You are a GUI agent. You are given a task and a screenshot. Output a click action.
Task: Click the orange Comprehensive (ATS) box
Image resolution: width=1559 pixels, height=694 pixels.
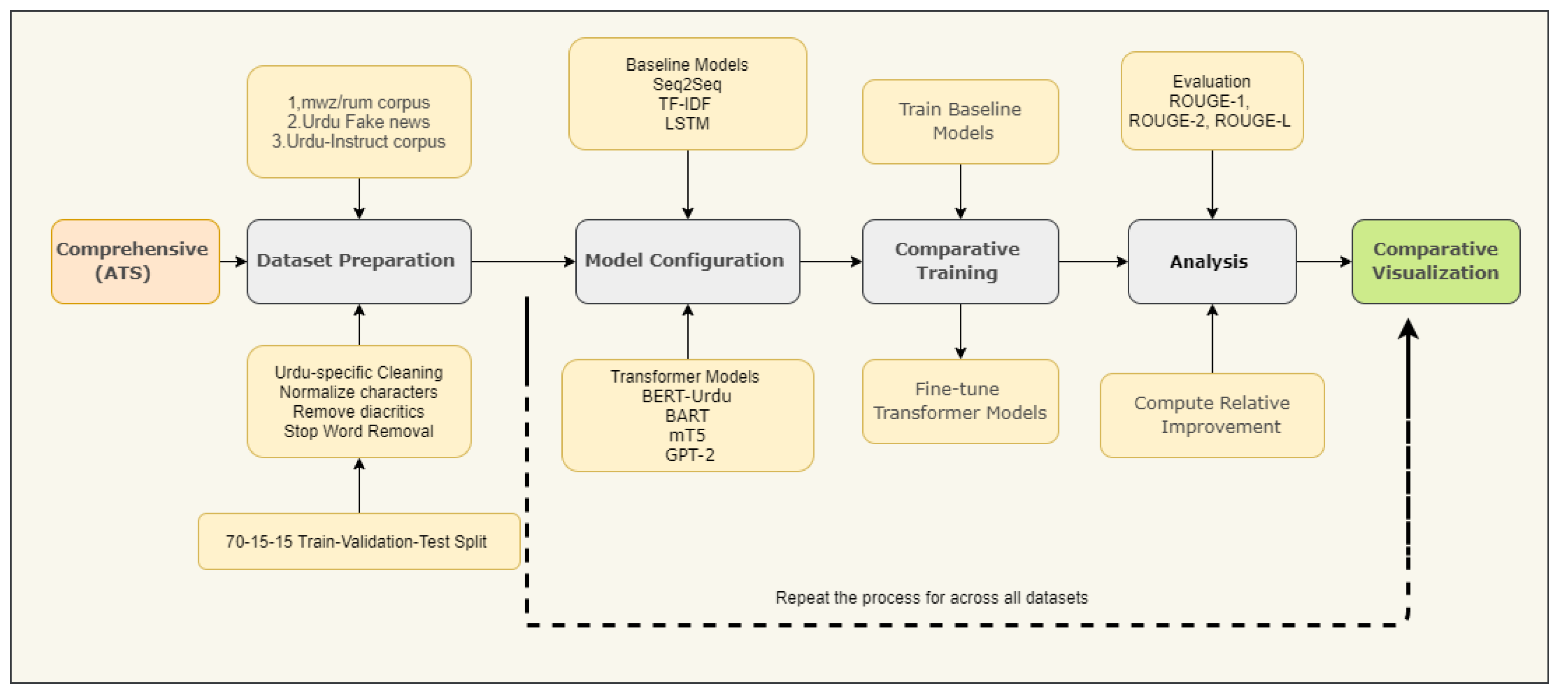pyautogui.click(x=135, y=261)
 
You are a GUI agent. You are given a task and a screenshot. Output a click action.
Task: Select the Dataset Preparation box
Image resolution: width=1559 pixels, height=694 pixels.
pyautogui.click(x=359, y=261)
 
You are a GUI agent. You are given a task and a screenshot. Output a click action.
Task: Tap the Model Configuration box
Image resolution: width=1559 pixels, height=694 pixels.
pyautogui.click(x=687, y=261)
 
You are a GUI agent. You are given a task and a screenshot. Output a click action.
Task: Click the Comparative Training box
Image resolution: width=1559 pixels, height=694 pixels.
pyautogui.click(x=960, y=261)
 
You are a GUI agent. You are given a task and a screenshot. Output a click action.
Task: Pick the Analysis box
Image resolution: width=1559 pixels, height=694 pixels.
pyautogui.click(x=1212, y=261)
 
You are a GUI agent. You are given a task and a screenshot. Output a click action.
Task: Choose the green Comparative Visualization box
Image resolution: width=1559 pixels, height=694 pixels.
pyautogui.click(x=1436, y=261)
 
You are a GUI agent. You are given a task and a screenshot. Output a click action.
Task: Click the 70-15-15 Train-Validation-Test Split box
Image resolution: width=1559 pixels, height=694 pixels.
pyautogui.click(x=359, y=541)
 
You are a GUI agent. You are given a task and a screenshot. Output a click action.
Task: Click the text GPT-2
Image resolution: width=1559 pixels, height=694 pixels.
pyautogui.click(x=689, y=454)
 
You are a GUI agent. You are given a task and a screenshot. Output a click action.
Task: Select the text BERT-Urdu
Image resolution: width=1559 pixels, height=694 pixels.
pyautogui.click(x=686, y=396)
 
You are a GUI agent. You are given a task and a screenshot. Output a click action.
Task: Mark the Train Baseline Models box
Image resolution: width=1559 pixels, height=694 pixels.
pyautogui.click(x=960, y=121)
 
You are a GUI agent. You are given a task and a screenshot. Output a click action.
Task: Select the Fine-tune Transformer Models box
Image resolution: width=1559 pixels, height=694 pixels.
pyautogui.click(x=960, y=401)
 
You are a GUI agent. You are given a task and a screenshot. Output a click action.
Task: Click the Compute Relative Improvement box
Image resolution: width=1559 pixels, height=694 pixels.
pyautogui.click(x=1212, y=415)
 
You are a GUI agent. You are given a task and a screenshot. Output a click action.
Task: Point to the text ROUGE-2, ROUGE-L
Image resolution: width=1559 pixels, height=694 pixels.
pyautogui.click(x=1209, y=121)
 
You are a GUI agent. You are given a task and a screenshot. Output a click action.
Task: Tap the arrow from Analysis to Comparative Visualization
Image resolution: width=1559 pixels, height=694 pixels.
pyautogui.click(x=1324, y=261)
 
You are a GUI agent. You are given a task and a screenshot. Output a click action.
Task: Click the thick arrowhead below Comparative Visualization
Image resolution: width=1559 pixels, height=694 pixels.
pyautogui.click(x=1408, y=330)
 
